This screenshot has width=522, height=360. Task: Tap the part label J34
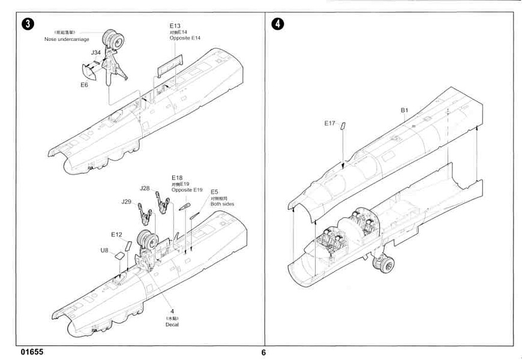click(x=96, y=53)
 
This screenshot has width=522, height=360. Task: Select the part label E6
click(x=84, y=85)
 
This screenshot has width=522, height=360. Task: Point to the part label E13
click(x=175, y=26)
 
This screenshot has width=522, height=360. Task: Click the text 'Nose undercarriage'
click(x=67, y=39)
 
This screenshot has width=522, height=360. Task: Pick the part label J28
click(x=145, y=188)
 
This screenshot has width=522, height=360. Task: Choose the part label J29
click(x=126, y=201)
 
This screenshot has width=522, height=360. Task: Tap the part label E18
click(x=176, y=178)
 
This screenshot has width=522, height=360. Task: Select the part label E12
click(x=116, y=234)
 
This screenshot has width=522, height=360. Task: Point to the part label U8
click(x=104, y=250)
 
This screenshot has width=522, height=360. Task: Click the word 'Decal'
click(x=172, y=325)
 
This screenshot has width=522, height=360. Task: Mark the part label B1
click(x=404, y=110)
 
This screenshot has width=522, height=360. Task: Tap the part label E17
click(x=329, y=123)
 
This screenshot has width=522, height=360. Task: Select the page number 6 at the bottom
click(x=263, y=352)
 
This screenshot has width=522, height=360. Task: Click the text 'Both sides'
click(x=222, y=204)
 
